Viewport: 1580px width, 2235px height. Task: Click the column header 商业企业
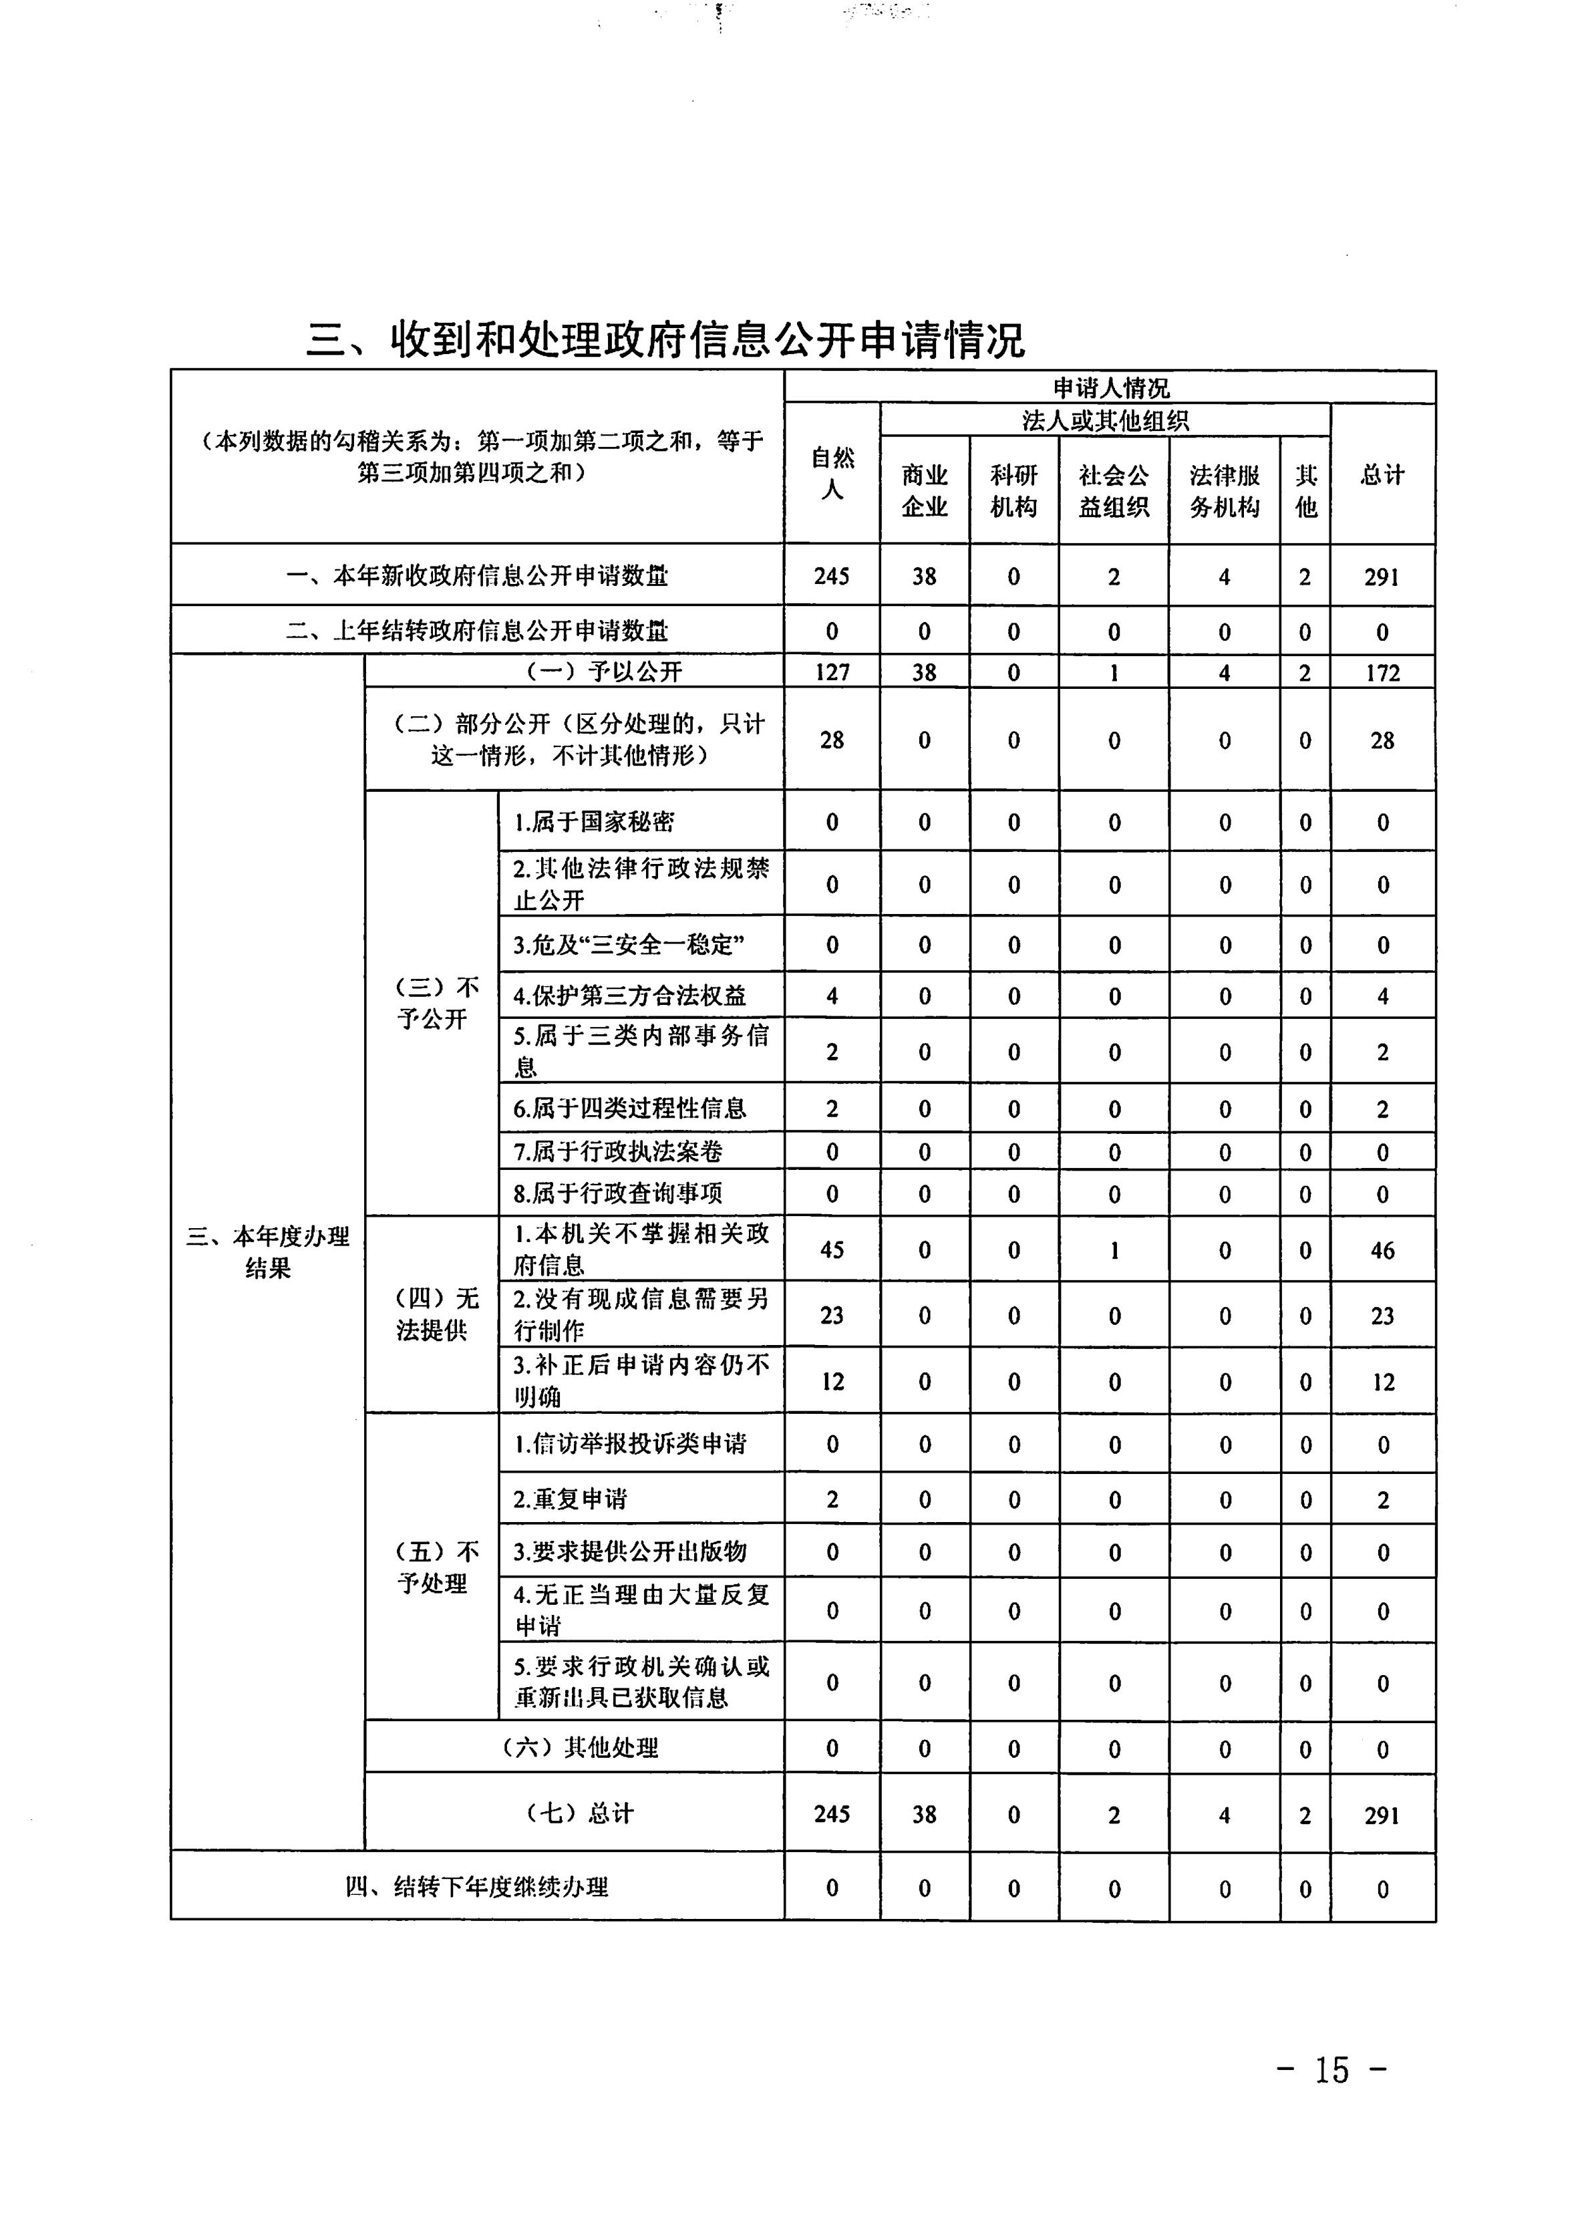coord(924,490)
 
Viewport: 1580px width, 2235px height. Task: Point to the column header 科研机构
coord(1013,490)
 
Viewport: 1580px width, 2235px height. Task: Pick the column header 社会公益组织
coord(1114,490)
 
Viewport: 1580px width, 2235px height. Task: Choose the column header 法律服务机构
coord(1225,490)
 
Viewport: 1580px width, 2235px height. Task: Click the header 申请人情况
coord(1110,388)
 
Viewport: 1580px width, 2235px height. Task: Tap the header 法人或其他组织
coord(1105,420)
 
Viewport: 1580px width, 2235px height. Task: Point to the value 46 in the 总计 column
coord(1382,1250)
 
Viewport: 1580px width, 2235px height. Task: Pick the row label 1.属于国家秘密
coord(594,822)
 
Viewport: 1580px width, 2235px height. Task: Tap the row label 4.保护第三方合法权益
coord(630,996)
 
